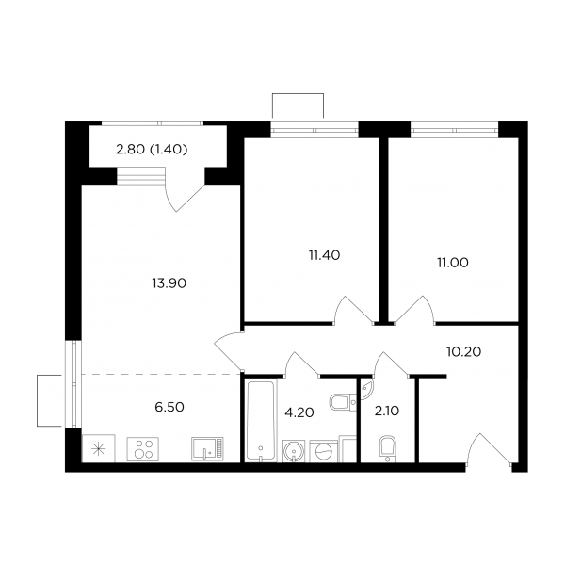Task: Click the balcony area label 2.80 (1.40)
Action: [152, 149]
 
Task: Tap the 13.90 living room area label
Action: [169, 283]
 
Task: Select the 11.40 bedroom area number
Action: [324, 255]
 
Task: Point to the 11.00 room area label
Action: [453, 263]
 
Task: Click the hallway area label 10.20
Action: [463, 351]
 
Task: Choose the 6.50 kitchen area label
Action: [169, 407]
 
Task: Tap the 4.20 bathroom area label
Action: [299, 412]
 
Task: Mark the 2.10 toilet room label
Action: [387, 411]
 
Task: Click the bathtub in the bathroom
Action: [261, 420]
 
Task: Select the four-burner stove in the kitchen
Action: [143, 448]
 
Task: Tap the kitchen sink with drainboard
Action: [207, 448]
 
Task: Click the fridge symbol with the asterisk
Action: [98, 448]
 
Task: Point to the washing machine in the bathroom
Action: [324, 450]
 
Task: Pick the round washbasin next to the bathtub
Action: [294, 451]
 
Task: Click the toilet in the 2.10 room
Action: [387, 449]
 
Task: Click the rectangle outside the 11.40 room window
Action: [298, 105]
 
